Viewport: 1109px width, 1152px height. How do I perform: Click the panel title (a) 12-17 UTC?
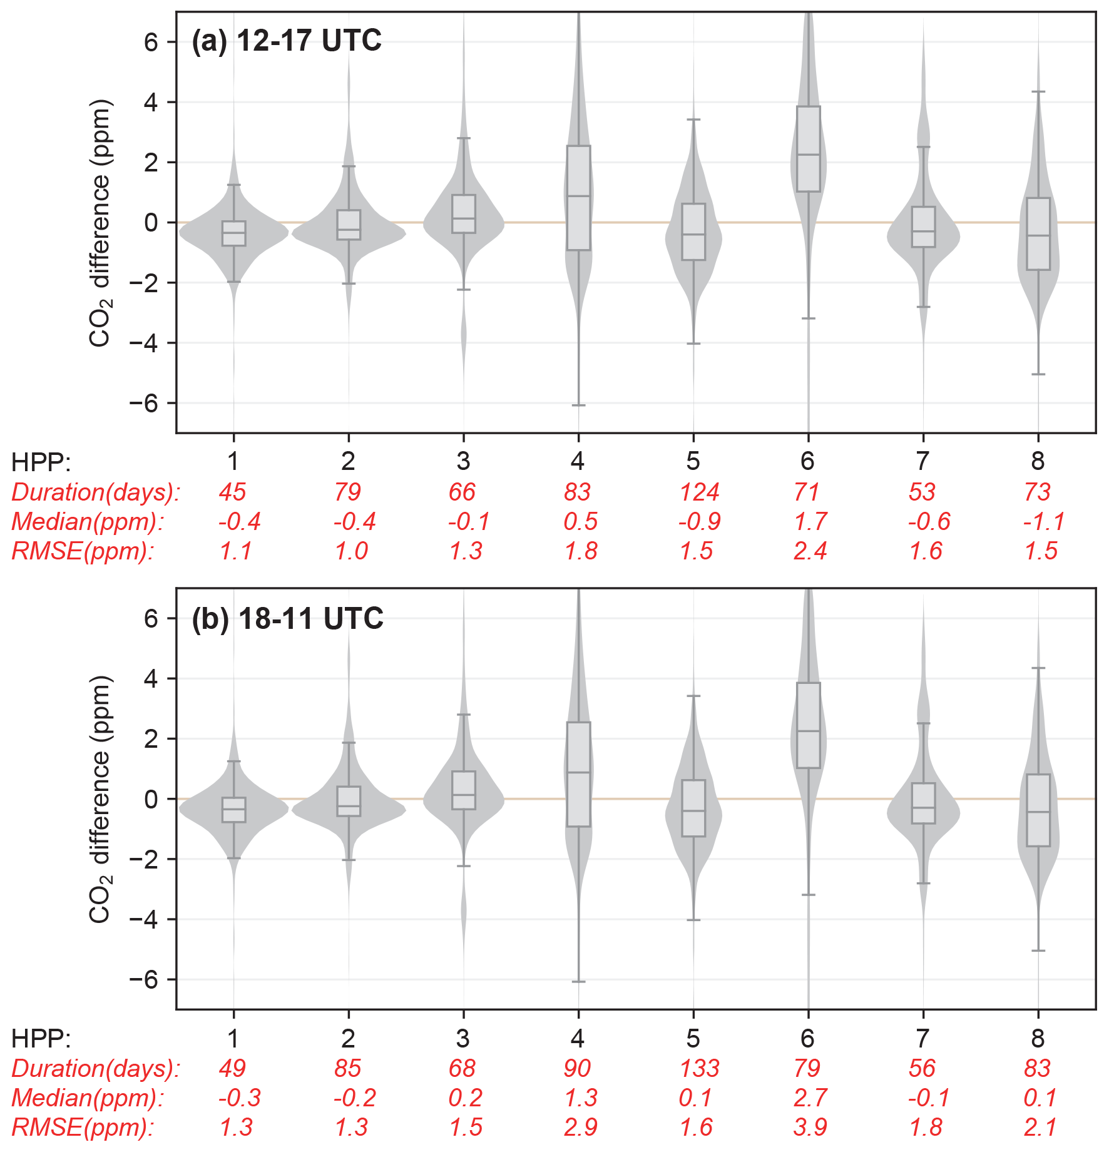(286, 41)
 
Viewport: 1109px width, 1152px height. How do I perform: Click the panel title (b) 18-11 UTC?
(287, 618)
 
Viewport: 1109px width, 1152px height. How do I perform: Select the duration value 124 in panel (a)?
(699, 492)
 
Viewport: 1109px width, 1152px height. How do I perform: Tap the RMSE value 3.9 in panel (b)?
(810, 1127)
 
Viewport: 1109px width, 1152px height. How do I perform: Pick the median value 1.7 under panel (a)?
(810, 521)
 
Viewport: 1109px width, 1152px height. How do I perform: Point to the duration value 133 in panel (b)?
(699, 1068)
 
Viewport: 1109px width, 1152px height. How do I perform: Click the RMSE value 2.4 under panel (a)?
(810, 551)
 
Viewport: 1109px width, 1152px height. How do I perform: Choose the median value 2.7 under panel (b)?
(810, 1098)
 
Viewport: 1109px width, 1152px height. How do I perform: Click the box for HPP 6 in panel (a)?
(808, 149)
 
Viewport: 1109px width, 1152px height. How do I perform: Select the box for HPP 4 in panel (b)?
(578, 774)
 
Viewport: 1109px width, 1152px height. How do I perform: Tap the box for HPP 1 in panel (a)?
(233, 233)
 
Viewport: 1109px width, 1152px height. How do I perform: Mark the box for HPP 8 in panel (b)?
(1038, 810)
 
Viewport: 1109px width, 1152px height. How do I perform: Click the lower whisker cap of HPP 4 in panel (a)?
(578, 405)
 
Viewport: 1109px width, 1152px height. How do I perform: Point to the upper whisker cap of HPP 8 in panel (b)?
(1038, 668)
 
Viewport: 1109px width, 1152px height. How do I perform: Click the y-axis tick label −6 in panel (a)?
(143, 403)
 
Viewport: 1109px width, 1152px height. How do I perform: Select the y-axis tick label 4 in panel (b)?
(151, 678)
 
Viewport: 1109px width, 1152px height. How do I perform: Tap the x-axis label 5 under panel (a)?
(693, 461)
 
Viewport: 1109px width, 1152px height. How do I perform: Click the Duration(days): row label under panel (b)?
(96, 1068)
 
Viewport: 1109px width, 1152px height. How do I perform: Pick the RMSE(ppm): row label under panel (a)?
(83, 551)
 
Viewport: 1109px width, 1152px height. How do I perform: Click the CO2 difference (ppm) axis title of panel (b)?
(100, 799)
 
